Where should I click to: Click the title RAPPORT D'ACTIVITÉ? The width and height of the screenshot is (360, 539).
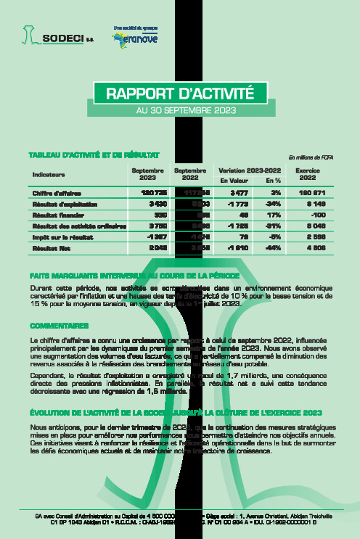click(180, 94)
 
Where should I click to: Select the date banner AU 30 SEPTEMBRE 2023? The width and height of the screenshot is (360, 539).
click(180, 111)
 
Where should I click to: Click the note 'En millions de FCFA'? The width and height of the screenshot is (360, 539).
click(311, 157)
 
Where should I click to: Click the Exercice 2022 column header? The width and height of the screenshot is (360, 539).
click(308, 173)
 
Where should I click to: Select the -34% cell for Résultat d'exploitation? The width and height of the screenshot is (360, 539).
click(273, 205)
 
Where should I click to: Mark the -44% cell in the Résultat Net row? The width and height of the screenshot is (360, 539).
click(273, 248)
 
